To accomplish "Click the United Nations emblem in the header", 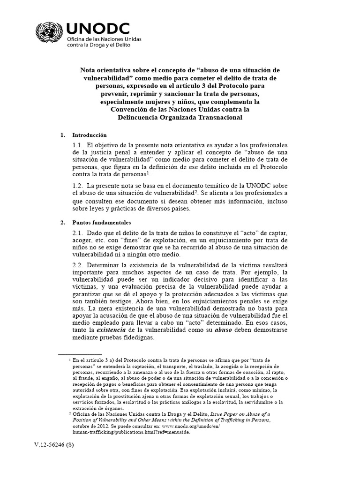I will (48, 34).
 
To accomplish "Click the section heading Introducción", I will (90, 135).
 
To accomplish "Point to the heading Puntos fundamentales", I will (102, 222).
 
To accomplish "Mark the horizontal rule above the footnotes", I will (80, 352).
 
